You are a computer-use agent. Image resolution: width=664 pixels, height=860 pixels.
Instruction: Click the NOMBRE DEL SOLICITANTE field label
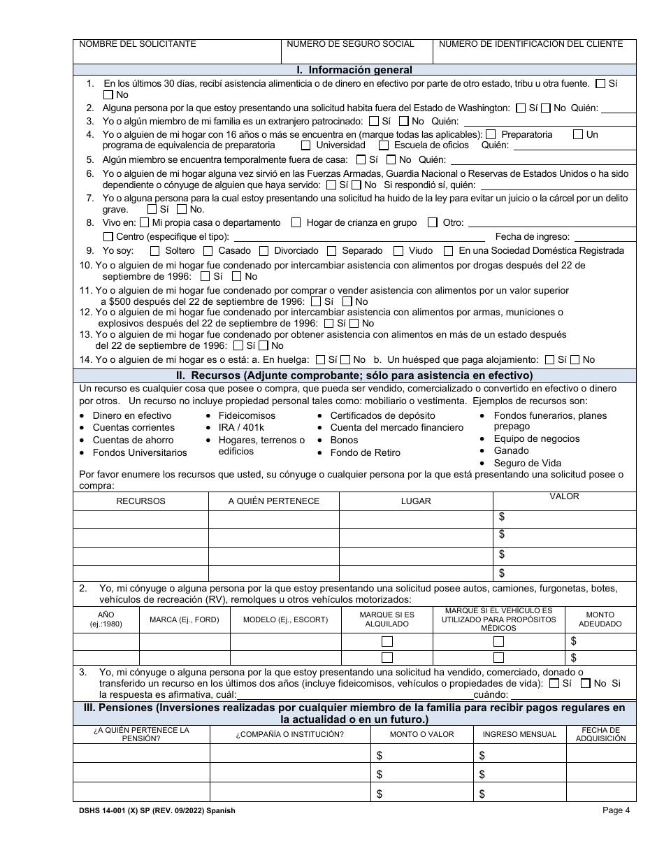tap(138, 44)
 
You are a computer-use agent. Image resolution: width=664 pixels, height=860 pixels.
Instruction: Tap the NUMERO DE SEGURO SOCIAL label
tap(350, 44)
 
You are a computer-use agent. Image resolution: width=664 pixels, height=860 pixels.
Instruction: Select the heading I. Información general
tap(354, 70)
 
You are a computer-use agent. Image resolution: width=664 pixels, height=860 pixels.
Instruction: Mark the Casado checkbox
tap(208, 251)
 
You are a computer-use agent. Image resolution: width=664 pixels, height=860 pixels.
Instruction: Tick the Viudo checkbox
tap(398, 251)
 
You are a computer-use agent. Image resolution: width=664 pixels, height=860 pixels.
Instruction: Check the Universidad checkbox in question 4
tap(305, 145)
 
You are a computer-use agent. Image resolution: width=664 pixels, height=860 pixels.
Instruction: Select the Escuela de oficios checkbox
tap(384, 145)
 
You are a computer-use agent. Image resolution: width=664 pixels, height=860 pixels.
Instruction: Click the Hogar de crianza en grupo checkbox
tap(296, 223)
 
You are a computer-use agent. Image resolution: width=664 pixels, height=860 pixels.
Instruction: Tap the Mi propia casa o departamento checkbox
tap(144, 223)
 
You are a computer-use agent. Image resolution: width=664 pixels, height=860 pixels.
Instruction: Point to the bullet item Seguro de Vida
tap(527, 463)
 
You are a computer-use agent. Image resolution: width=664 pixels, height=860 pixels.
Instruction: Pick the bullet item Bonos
tap(344, 440)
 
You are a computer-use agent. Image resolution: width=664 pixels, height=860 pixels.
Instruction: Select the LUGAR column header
tap(416, 501)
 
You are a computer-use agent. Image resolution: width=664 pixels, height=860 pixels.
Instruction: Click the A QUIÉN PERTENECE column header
tap(273, 501)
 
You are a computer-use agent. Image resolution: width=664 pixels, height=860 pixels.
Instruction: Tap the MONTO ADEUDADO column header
tap(599, 619)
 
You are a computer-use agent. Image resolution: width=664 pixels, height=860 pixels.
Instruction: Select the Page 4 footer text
tap(616, 811)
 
